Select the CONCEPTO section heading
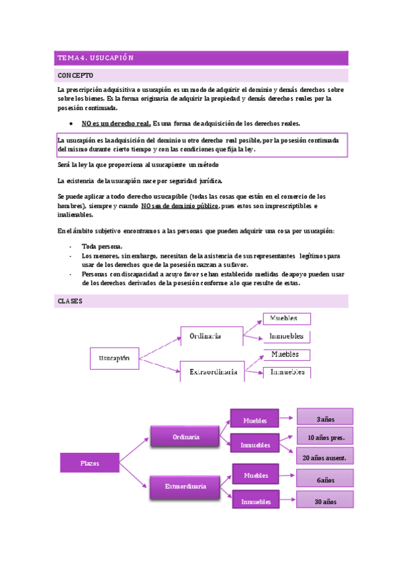(x=76, y=76)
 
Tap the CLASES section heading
(x=70, y=301)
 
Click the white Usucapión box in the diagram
(x=114, y=358)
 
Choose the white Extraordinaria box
(x=212, y=371)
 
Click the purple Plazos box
(x=89, y=463)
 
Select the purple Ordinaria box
(x=185, y=437)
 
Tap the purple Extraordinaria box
(x=185, y=486)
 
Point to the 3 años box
(x=325, y=419)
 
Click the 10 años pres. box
(x=325, y=438)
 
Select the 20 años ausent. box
(x=325, y=458)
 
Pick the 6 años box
(x=325, y=480)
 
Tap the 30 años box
(x=325, y=501)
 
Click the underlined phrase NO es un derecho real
(x=116, y=123)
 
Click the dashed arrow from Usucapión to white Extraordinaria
(x=160, y=365)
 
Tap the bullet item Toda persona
(x=101, y=246)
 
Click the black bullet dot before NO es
(x=71, y=124)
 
